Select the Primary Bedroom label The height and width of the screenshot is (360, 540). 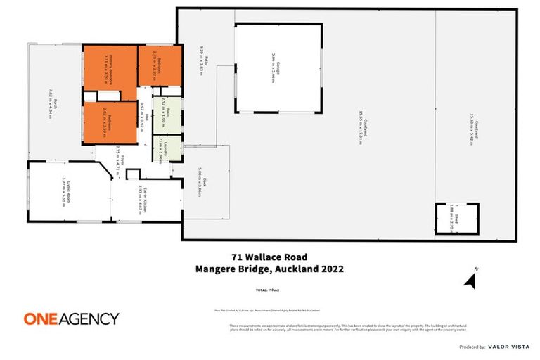[108, 62]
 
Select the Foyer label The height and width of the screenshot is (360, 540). [122, 160]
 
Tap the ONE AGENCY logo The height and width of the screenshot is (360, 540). [71, 319]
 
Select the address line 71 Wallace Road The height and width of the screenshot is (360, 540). [269, 257]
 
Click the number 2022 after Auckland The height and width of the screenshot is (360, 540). [330, 268]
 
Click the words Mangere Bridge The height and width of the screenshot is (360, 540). [221, 268]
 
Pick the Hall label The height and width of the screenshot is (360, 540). [145, 110]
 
